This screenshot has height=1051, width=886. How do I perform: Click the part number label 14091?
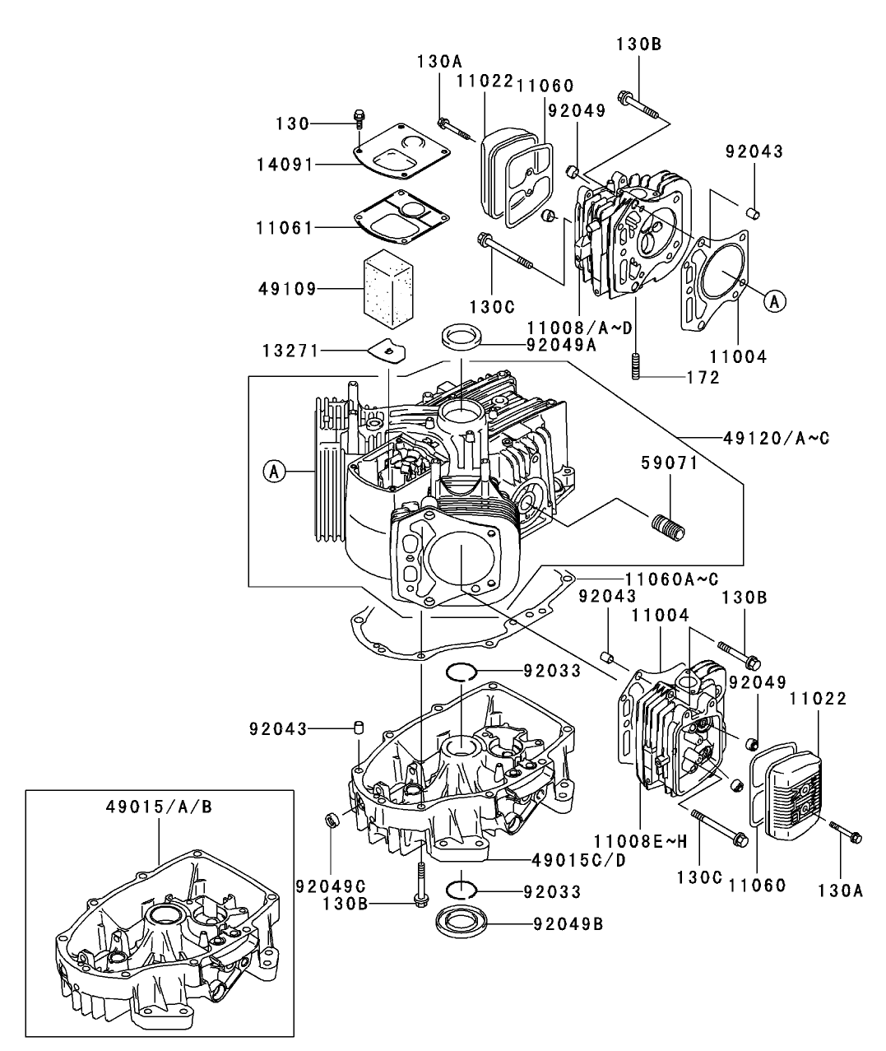click(285, 165)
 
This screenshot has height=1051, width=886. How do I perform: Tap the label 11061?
click(285, 227)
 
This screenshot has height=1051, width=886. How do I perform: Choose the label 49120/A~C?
click(776, 439)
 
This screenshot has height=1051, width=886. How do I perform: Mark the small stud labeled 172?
click(635, 365)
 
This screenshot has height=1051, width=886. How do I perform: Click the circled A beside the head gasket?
click(773, 302)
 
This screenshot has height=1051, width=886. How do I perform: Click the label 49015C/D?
click(567, 860)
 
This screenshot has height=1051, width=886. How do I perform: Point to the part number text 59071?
click(670, 463)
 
